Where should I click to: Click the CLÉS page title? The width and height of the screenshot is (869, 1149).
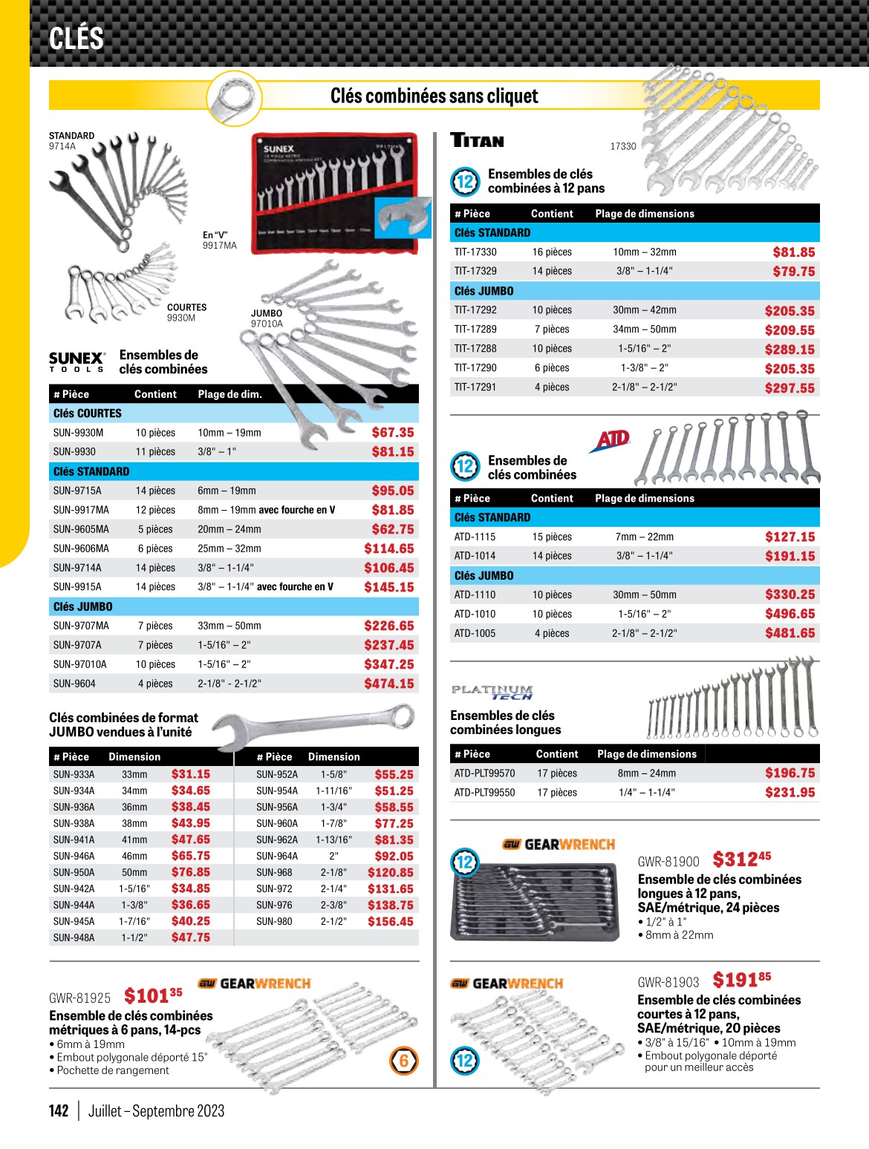77,38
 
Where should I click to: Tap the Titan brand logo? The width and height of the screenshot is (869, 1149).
478,140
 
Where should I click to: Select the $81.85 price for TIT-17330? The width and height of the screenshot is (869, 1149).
793,252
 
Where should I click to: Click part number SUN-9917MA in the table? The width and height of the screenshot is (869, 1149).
81,510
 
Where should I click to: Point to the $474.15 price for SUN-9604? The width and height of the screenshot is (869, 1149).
388,684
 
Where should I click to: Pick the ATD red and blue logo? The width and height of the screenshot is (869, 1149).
611,440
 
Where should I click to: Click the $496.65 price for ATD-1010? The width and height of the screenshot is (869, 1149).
790,614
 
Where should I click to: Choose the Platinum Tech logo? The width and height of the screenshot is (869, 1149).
492,692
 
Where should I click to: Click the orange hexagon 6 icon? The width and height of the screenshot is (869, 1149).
404,1061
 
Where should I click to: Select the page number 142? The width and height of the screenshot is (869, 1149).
59,1110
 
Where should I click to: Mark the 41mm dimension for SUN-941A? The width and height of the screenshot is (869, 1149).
134,839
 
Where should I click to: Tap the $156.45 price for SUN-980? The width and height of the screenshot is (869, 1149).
390,921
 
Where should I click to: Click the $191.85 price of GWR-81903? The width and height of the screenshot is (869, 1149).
741,981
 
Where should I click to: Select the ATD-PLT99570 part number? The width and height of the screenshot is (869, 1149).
484,773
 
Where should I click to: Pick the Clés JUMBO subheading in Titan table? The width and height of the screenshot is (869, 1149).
484,291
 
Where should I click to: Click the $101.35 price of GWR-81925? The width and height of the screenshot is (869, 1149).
153,995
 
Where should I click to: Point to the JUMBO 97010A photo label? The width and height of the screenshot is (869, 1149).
267,318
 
